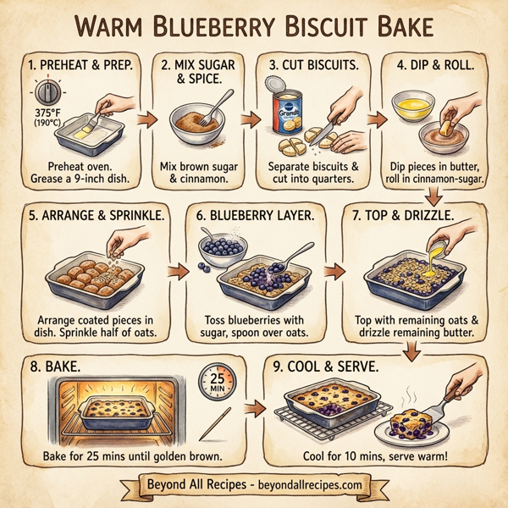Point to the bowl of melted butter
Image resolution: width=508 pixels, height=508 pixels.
point(412,105)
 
